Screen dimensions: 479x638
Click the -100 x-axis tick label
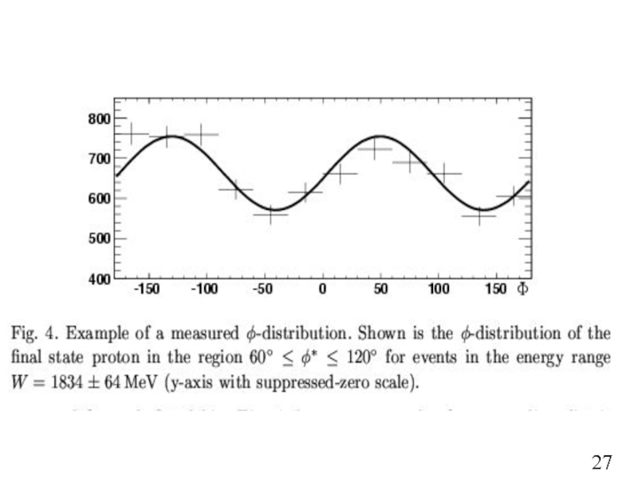coord(205,289)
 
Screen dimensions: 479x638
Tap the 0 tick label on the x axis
coord(323,289)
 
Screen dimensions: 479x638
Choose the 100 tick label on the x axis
coord(438,289)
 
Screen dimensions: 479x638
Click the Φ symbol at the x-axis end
coord(522,289)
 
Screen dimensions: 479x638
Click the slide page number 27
coord(602,462)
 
